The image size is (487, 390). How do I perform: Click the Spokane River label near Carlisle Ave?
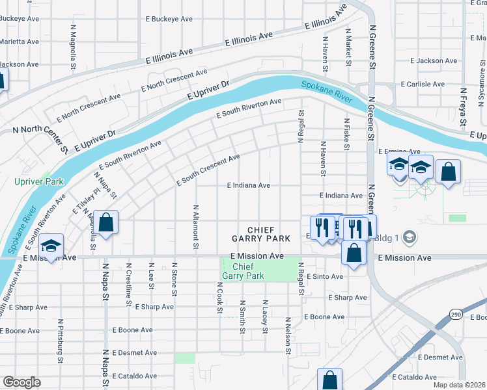click(326, 91)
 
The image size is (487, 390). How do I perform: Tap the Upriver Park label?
click(39, 181)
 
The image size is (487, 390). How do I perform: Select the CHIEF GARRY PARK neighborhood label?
click(268, 234)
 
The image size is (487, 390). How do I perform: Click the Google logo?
click(21, 382)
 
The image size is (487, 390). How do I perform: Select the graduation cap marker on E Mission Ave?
click(49, 246)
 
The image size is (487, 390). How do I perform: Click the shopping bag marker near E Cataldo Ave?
click(329, 380)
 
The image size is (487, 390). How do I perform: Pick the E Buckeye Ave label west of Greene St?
click(169, 19)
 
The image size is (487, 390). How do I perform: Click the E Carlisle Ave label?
click(423, 84)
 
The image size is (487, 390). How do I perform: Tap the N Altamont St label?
click(195, 227)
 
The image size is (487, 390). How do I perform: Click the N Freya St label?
click(463, 108)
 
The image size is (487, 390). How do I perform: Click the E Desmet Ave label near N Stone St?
click(134, 352)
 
